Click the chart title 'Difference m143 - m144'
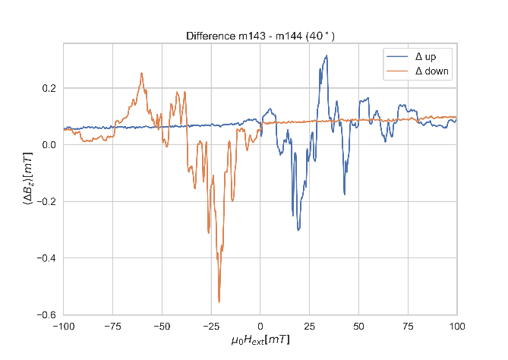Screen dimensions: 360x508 pyautogui.click(x=260, y=36)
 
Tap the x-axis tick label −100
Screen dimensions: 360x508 pyautogui.click(x=63, y=326)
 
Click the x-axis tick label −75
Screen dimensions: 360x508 pyautogui.click(x=112, y=326)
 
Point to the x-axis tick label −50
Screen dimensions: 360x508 pyautogui.click(x=162, y=326)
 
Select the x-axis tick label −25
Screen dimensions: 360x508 pyautogui.click(x=210, y=326)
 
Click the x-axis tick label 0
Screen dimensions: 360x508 pyautogui.click(x=260, y=326)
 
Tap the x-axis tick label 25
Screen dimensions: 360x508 pyautogui.click(x=310, y=326)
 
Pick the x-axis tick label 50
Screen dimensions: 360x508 pyautogui.click(x=358, y=326)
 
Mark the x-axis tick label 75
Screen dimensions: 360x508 pyautogui.click(x=408, y=326)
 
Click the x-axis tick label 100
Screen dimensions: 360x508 pyautogui.click(x=456, y=326)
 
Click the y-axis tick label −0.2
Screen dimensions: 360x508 pyautogui.click(x=45, y=202)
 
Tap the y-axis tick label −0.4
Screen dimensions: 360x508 pyautogui.click(x=45, y=258)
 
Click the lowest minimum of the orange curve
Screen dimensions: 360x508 pyautogui.click(x=219, y=302)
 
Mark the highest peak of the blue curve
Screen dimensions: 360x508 pyautogui.click(x=327, y=55)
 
